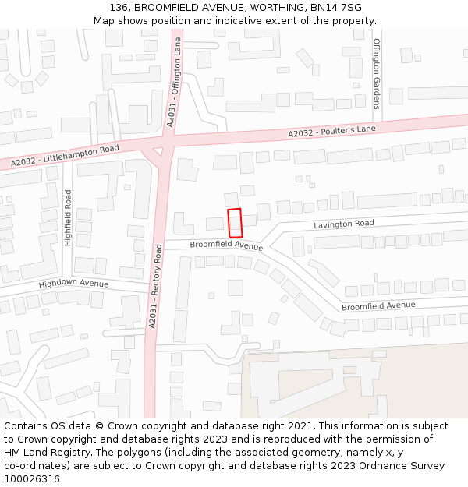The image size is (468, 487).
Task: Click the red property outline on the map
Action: click(235, 223)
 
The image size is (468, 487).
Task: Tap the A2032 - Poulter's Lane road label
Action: click(325, 132)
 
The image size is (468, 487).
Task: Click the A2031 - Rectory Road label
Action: click(155, 284)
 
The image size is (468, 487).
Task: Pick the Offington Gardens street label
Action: click(376, 73)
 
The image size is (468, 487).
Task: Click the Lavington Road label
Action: click(344, 224)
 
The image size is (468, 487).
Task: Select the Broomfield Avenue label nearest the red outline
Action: click(226, 245)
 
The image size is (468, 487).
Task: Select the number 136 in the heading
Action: click(119, 8)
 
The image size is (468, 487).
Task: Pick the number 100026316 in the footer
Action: click(30, 478)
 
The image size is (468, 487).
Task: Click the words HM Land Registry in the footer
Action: click(42, 452)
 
